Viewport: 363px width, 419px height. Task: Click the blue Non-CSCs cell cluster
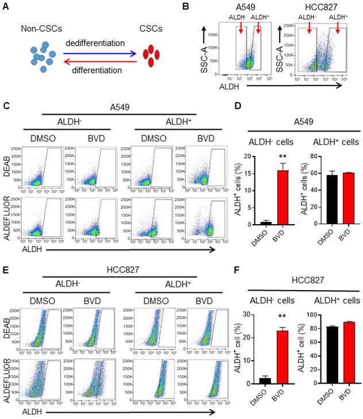42,56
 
